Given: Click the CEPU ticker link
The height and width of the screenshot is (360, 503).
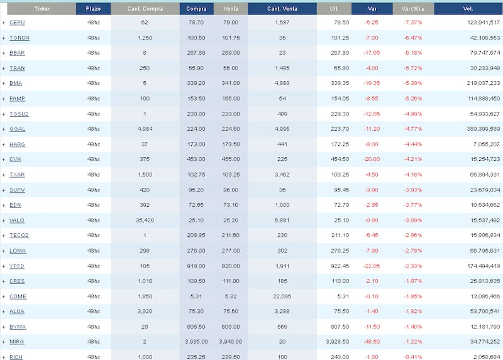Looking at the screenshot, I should click(17, 22).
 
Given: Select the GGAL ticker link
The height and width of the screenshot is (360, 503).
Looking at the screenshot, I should click(18, 129).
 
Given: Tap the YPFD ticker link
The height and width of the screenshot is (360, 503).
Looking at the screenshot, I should click(17, 266).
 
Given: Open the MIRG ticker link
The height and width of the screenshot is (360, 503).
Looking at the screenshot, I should click(17, 342).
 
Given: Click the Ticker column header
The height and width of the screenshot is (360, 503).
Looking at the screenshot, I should click(43, 8).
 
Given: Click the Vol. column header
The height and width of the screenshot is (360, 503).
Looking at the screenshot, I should click(468, 8).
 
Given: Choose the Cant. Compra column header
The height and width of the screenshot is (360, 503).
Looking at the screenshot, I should click(145, 8).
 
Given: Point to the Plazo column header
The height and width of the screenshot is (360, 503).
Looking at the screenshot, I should click(93, 8).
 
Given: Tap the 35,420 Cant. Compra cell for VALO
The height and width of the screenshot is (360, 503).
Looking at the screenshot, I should click(145, 221).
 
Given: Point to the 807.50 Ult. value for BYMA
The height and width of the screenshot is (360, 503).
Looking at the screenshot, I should click(340, 327).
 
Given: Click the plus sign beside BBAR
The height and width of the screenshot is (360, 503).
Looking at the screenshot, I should click(4, 53).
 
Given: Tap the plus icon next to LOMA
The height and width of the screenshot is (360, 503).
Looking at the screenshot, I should click(4, 251).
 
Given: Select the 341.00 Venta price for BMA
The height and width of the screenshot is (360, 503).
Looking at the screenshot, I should click(231, 83).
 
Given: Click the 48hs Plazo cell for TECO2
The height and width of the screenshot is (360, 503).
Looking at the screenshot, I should click(93, 236).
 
